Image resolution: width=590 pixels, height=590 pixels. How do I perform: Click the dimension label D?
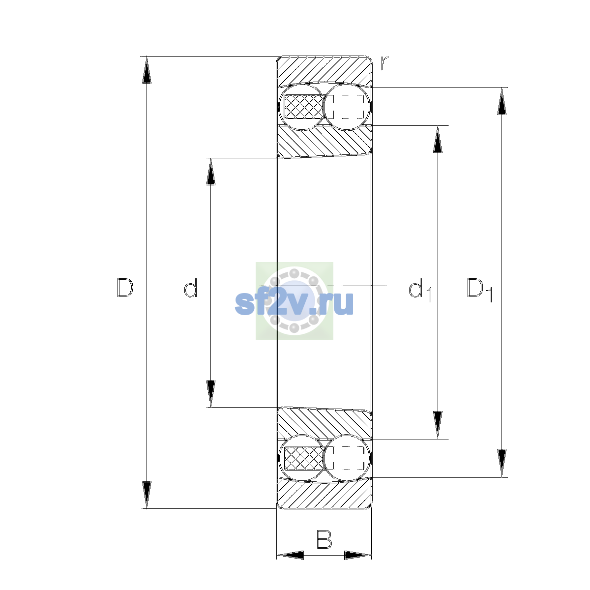[125, 288]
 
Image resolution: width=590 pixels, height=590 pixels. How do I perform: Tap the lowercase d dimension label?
[190, 288]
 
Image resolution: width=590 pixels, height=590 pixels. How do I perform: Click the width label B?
[324, 539]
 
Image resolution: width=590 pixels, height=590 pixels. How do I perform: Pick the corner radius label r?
[384, 63]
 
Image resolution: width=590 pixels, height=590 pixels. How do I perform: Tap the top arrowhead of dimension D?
[147, 70]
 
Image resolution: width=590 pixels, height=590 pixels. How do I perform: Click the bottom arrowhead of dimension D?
[147, 495]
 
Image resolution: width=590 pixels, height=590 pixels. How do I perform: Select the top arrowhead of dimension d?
[210, 172]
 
